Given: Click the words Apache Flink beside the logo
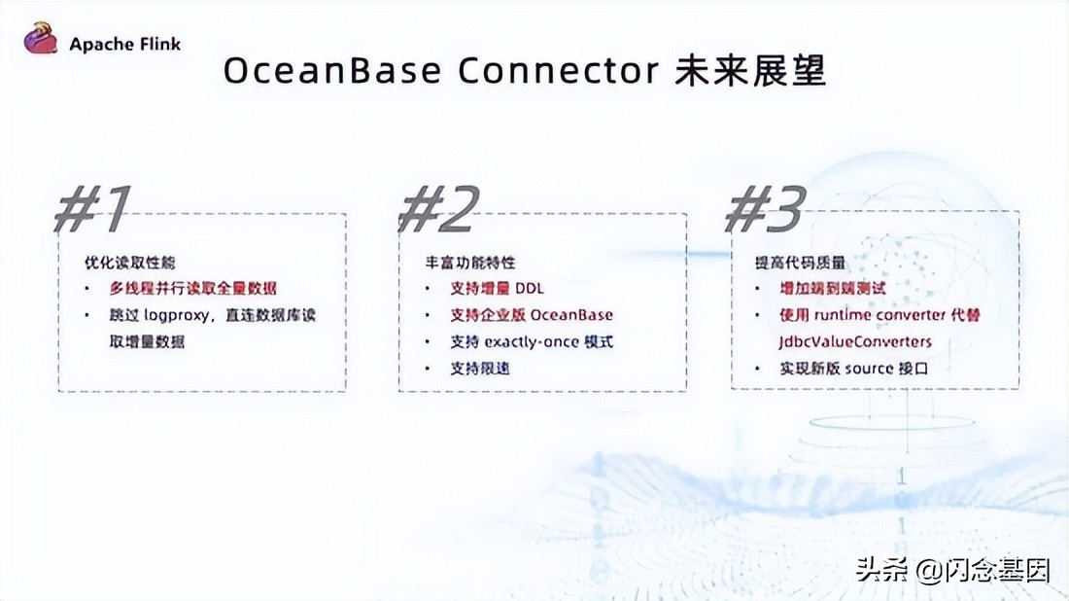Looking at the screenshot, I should (124, 44).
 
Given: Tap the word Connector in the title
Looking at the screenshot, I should (557, 72).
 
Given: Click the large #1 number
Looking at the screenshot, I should (93, 208).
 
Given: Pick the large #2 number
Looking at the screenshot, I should (439, 208).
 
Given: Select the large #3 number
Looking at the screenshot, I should (767, 208).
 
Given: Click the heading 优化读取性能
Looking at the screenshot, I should (129, 264).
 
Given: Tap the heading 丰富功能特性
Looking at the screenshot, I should (470, 264).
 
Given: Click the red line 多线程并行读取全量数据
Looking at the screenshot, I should (193, 289).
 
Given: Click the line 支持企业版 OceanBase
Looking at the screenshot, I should (532, 315).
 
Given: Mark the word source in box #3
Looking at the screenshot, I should (868, 368).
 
